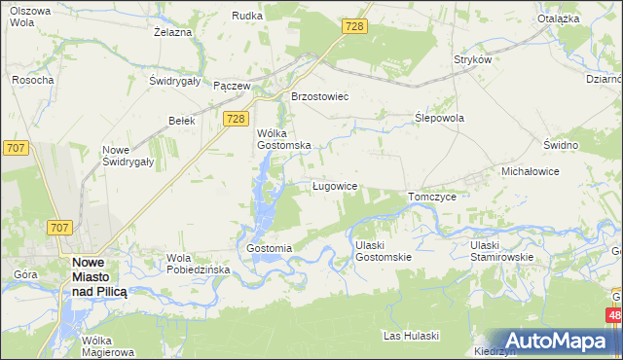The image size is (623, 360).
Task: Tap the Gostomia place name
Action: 270,248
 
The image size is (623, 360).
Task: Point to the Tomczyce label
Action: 432,196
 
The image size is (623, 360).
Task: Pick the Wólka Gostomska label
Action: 283,138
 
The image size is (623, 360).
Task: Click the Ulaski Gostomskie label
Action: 384,250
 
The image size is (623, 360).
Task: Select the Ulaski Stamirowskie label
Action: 499,250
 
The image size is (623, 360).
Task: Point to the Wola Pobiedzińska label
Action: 198,264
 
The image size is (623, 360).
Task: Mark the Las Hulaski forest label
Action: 412,336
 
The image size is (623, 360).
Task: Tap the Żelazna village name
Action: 173,32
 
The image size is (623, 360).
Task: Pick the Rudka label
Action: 246,16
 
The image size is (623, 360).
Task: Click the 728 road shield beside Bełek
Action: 234,119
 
